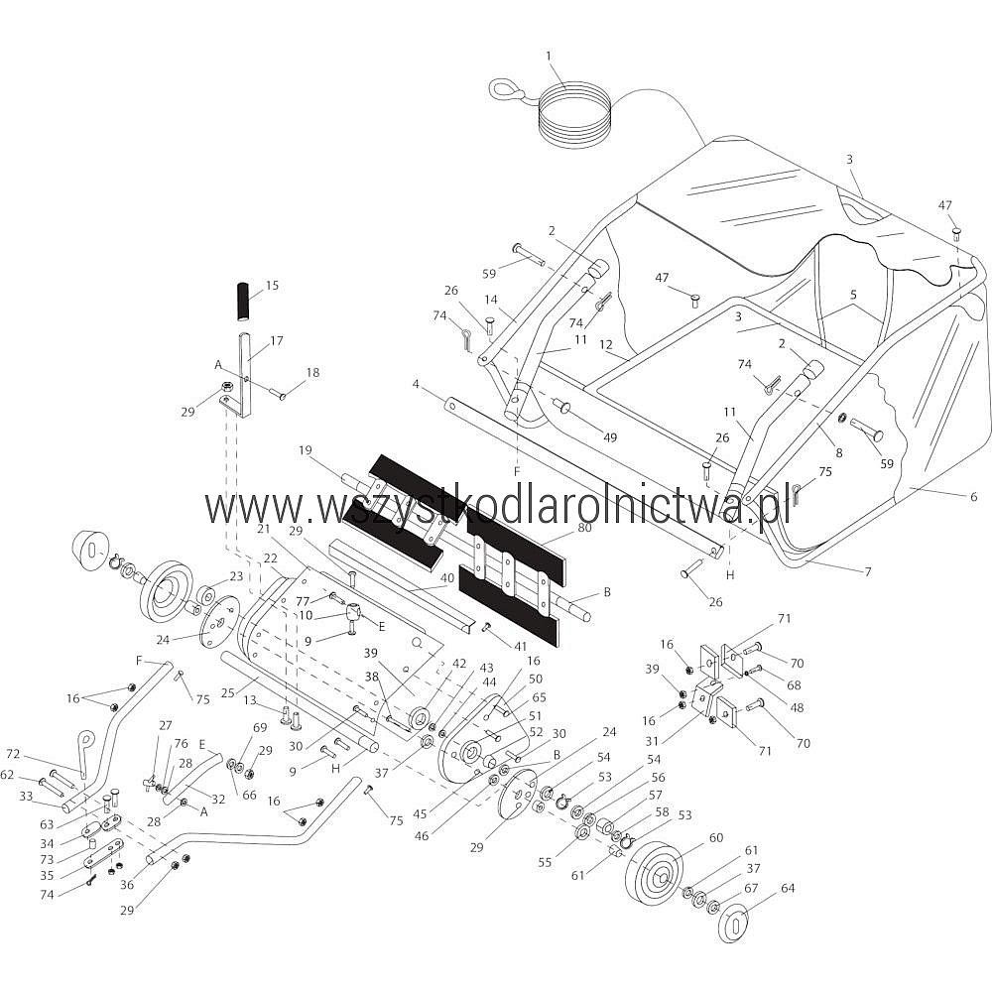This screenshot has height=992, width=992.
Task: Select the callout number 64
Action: click(787, 888)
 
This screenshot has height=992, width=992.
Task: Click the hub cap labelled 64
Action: click(733, 923)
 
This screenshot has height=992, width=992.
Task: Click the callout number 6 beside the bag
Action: click(973, 496)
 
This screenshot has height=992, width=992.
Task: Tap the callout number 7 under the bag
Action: click(867, 571)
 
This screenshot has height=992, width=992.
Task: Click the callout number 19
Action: click(306, 449)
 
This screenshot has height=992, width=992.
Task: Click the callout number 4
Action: click(416, 384)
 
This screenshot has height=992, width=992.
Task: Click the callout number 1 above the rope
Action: click(548, 56)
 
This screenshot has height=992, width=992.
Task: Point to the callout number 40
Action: click(447, 578)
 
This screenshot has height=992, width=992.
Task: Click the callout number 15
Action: click(272, 286)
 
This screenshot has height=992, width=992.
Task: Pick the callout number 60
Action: click(716, 837)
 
